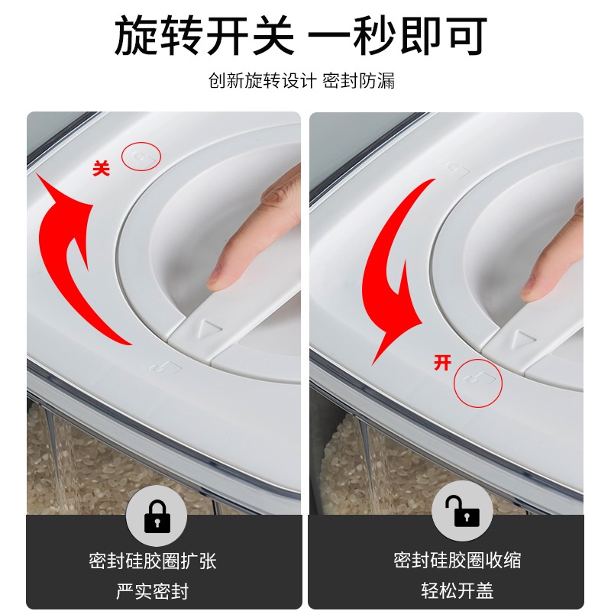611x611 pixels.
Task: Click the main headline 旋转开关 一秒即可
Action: pyautogui.click(x=300, y=36)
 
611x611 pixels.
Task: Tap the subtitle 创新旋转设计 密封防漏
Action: pyautogui.click(x=301, y=81)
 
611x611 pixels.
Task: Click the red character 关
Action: pyautogui.click(x=101, y=169)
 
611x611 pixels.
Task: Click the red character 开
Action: pyautogui.click(x=442, y=362)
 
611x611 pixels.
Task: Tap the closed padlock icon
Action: pyautogui.click(x=157, y=516)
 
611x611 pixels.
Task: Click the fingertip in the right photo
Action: pyautogui.click(x=534, y=288)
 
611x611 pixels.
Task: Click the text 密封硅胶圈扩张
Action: pyautogui.click(x=152, y=561)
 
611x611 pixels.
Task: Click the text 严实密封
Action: pyautogui.click(x=152, y=591)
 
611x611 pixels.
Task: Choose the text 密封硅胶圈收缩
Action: pyautogui.click(x=457, y=561)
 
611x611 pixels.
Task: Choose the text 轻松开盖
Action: pyautogui.click(x=457, y=590)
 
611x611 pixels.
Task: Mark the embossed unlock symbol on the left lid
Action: pyautogui.click(x=166, y=367)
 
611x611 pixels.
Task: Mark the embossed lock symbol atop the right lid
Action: pyautogui.click(x=457, y=170)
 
